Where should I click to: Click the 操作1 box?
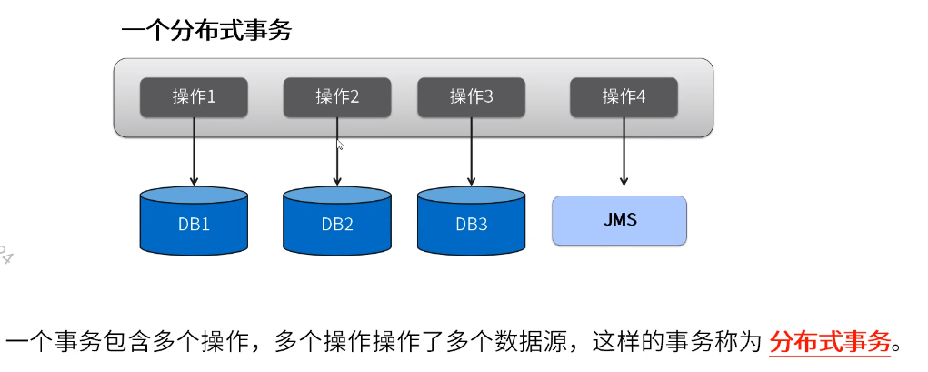coord(193,97)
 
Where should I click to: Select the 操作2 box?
coord(337,97)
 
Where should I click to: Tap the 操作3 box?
coord(471,97)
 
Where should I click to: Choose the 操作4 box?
coord(624,97)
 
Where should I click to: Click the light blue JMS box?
coord(619,220)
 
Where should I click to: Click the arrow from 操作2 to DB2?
coord(337,159)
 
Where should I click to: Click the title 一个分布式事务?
coord(206,30)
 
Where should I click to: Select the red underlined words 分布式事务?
coord(829,342)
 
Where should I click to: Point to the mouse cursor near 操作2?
coord(341,144)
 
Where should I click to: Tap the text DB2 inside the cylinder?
coord(337,225)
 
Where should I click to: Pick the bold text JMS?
coord(619,220)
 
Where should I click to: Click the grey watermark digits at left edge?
coord(5,254)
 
